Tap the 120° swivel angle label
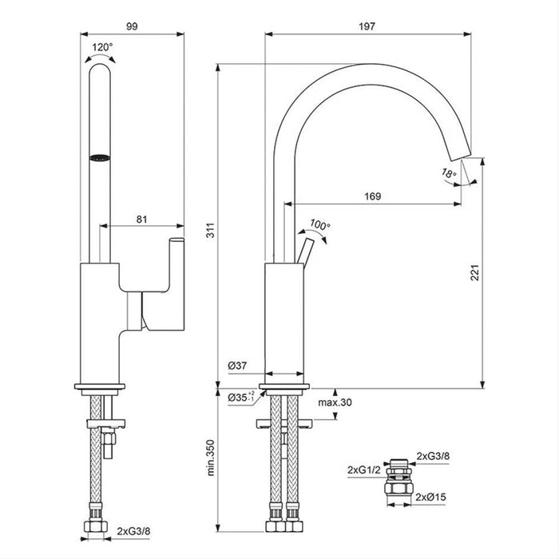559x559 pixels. tap(102, 47)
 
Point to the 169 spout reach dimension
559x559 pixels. tap(372, 196)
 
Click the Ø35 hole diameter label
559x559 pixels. tap(240, 396)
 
